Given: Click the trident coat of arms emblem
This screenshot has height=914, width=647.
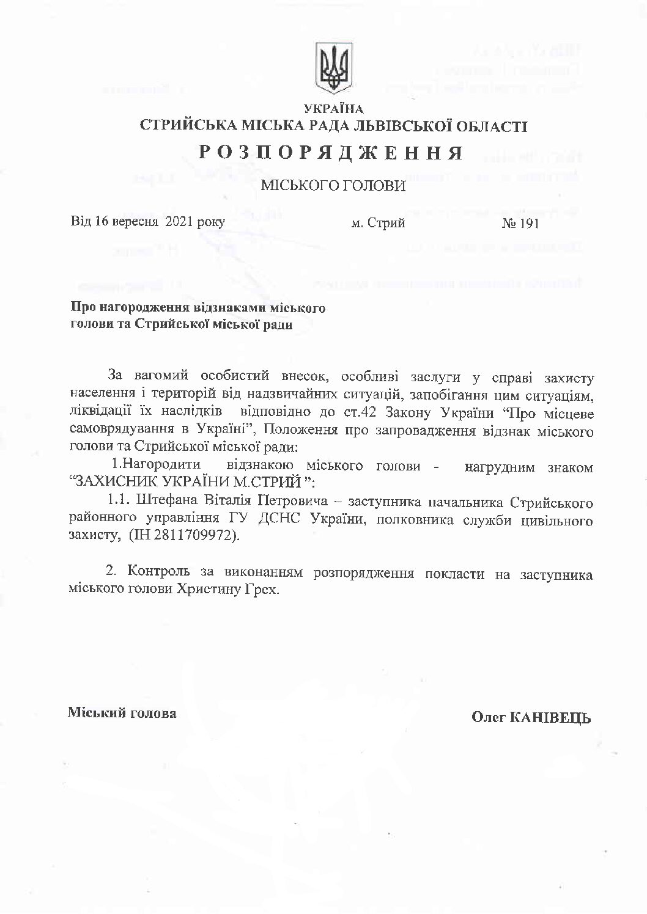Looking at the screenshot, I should [x=333, y=68].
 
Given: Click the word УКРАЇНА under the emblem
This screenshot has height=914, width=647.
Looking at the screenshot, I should [x=333, y=109].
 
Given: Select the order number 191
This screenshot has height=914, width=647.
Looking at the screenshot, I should [x=528, y=224].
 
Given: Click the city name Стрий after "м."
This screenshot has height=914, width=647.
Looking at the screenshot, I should [x=386, y=224].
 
